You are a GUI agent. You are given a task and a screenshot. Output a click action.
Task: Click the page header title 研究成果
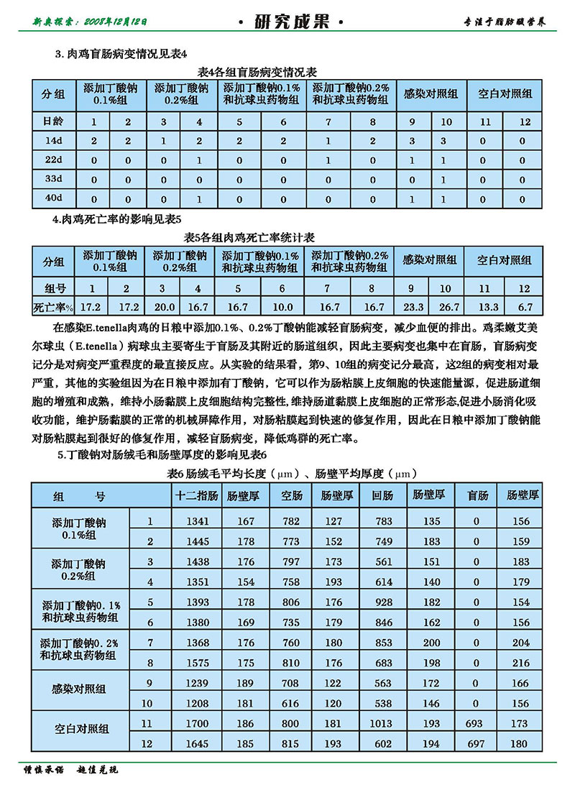[x=289, y=22]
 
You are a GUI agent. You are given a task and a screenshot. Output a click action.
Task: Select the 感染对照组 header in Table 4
[x=431, y=94]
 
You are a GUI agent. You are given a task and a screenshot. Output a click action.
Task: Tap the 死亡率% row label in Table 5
[x=52, y=308]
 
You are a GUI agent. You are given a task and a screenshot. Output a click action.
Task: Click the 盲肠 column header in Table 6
[x=477, y=495]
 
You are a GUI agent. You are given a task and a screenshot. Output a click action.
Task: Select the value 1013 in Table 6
[x=382, y=725]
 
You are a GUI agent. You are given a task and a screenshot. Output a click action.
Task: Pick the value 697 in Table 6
[x=477, y=743]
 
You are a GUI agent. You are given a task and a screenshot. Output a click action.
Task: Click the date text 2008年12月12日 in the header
[x=116, y=22]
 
